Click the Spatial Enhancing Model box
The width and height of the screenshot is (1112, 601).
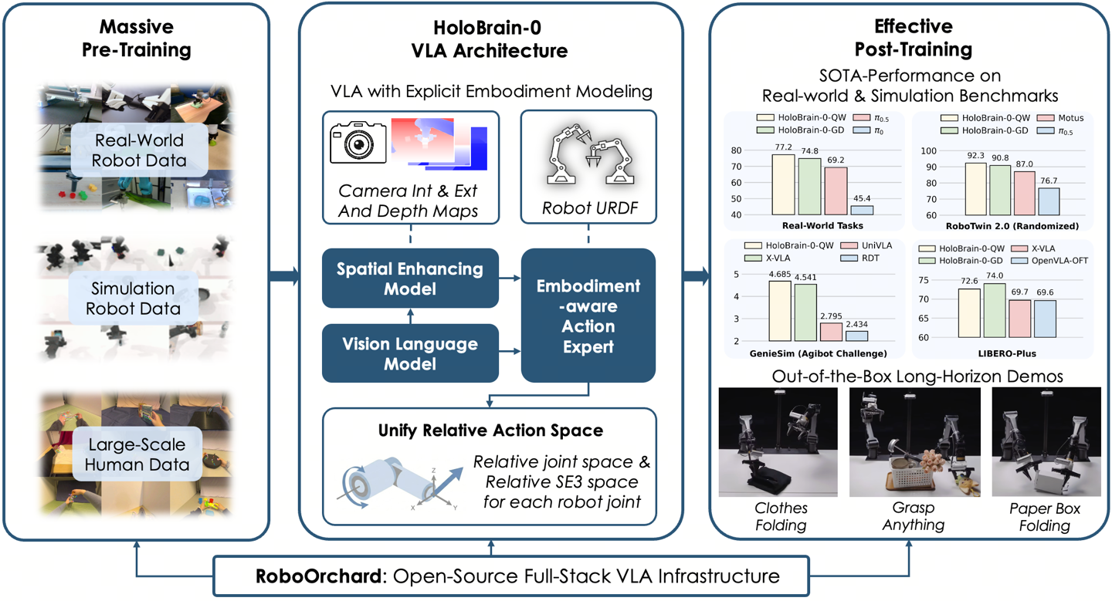click(x=409, y=279)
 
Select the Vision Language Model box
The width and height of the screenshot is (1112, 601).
click(x=409, y=354)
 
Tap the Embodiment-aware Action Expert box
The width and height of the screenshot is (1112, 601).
click(x=588, y=316)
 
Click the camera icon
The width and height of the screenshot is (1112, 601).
click(x=358, y=140)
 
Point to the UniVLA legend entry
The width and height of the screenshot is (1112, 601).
click(x=873, y=245)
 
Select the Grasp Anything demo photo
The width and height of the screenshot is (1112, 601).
click(x=914, y=443)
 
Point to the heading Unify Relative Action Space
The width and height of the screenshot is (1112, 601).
click(x=490, y=430)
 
